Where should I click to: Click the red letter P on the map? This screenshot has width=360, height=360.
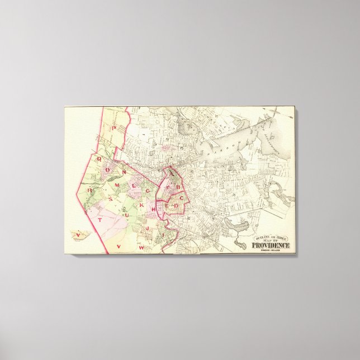(x=113, y=128)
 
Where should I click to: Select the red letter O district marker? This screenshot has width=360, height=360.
(x=110, y=173)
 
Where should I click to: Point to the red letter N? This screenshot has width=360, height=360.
(x=124, y=173)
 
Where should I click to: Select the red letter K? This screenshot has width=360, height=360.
(x=141, y=206)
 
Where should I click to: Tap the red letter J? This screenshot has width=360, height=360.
(x=147, y=229)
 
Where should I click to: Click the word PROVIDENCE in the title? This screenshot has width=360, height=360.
(x=271, y=245)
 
